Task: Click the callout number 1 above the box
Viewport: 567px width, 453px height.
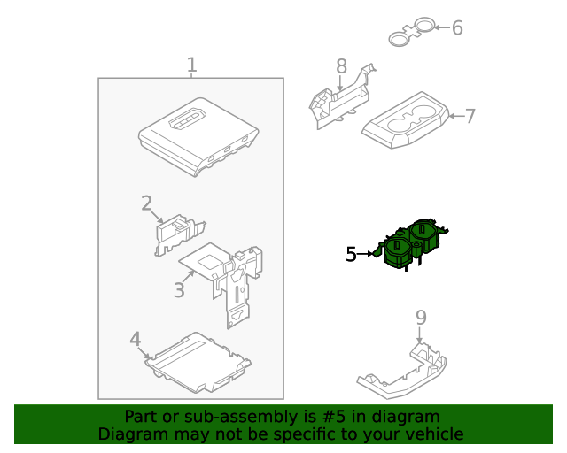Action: (192, 65)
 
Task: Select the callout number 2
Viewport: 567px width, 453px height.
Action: (146, 203)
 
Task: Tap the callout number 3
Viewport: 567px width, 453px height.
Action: (179, 289)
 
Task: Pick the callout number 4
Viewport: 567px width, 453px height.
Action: (135, 339)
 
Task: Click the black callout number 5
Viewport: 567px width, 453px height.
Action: (351, 254)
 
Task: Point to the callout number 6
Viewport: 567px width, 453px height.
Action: (457, 27)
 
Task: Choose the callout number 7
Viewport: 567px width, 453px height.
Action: (470, 116)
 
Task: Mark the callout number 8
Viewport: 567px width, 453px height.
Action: (341, 66)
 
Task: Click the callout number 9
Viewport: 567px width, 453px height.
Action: (421, 318)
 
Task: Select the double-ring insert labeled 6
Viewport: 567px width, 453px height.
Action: (412, 31)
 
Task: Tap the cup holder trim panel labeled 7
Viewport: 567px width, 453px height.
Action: (406, 120)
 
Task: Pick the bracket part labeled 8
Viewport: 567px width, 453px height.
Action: (342, 97)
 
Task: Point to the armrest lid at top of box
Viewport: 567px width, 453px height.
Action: (198, 137)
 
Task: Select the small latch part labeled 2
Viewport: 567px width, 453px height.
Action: (180, 234)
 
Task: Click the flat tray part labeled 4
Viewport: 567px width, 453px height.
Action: (198, 363)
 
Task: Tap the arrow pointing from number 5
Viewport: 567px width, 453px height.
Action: (366, 254)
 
